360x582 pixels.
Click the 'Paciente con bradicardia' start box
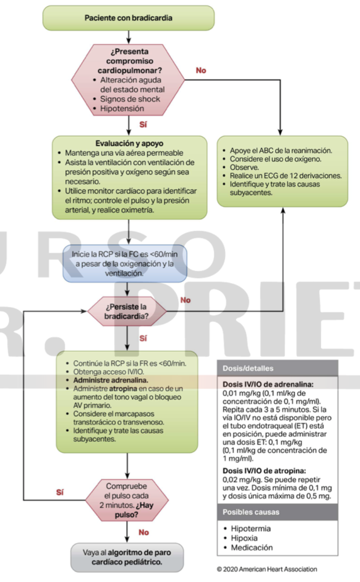[128, 18]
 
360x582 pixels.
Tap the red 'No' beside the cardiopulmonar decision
[201, 71]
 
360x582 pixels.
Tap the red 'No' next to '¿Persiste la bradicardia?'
[185, 300]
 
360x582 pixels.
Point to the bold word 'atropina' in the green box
[121, 389]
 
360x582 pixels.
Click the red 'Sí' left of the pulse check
[60, 492]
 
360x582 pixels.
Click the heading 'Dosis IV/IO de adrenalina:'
[268, 384]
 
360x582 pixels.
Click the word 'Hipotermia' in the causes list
[251, 528]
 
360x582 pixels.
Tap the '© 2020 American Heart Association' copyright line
[267, 569]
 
